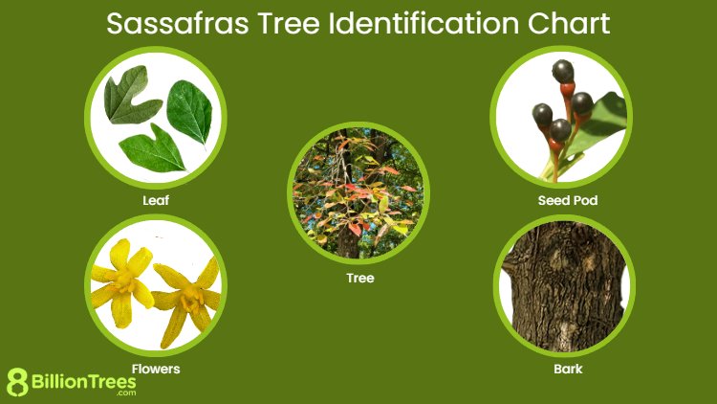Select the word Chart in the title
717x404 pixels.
pyautogui.click(x=564, y=23)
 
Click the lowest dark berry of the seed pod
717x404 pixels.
pyautogui.click(x=560, y=128)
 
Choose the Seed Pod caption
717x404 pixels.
pyautogui.click(x=561, y=201)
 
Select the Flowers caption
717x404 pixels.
pyautogui.click(x=156, y=368)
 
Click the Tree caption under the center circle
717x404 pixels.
pyautogui.click(x=359, y=279)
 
